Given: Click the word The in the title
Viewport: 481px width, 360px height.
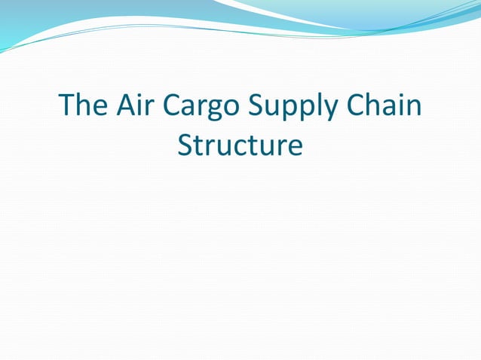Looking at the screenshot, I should point(82,105).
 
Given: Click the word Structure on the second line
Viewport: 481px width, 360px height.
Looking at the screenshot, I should point(240,145).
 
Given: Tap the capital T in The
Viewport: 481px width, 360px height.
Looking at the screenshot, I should point(67,105).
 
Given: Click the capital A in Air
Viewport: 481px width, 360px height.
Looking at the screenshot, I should point(123,105).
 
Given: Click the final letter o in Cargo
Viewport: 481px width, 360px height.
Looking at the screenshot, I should point(234,108).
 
